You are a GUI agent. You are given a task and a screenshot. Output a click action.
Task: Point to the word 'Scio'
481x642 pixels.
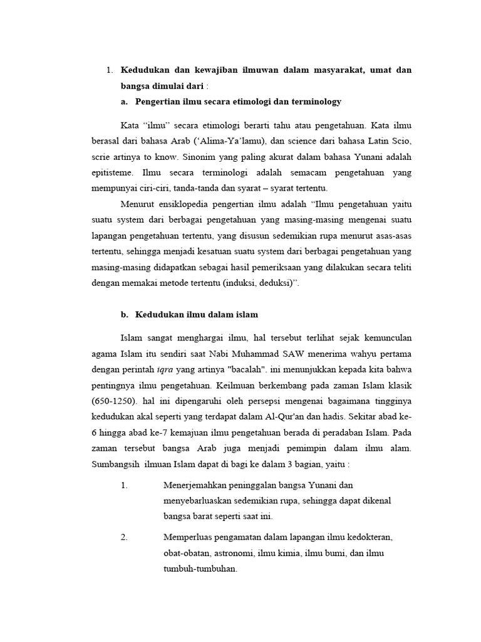click(401, 139)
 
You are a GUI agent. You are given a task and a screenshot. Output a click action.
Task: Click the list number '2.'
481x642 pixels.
click(124, 538)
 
